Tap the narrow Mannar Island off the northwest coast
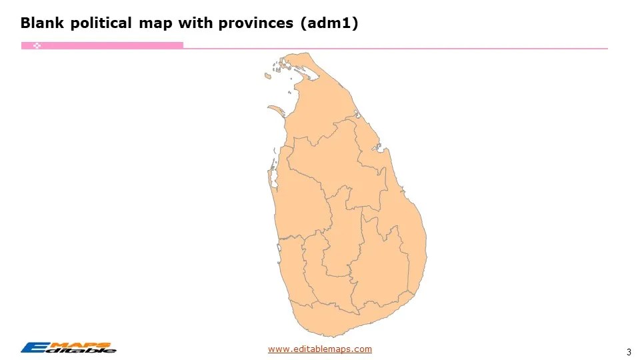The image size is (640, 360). pyautogui.click(x=275, y=108)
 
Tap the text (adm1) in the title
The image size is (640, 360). pyautogui.click(x=329, y=23)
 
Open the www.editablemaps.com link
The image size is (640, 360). pyautogui.click(x=320, y=349)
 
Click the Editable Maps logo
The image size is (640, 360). pyautogui.click(x=68, y=347)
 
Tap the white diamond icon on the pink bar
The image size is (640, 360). pyautogui.click(x=37, y=45)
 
